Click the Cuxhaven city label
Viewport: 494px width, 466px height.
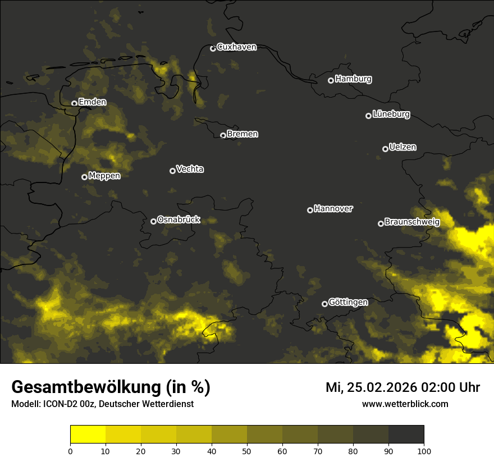236,47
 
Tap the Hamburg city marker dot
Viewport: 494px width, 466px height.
331,80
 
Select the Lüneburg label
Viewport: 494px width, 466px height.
391,115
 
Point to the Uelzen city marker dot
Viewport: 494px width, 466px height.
385,149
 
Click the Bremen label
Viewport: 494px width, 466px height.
243,134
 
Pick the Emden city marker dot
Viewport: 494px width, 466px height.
74,103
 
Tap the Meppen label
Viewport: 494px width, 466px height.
104,176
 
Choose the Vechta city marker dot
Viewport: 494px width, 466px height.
172,171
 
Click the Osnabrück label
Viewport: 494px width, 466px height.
179,220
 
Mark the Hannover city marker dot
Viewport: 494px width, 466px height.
310,210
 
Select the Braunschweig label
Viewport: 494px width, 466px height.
412,222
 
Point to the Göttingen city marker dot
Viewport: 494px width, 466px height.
324,304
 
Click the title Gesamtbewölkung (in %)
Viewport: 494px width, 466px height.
111,387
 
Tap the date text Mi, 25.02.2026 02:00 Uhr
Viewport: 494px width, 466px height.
402,387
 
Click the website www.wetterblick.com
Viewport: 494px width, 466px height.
405,404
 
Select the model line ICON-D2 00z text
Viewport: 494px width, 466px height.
102,404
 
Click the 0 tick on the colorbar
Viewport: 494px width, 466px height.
70,451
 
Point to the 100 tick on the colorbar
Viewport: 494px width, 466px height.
424,451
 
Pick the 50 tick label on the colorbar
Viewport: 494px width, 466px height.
247,451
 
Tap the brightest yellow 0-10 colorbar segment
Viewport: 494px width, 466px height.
88,435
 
